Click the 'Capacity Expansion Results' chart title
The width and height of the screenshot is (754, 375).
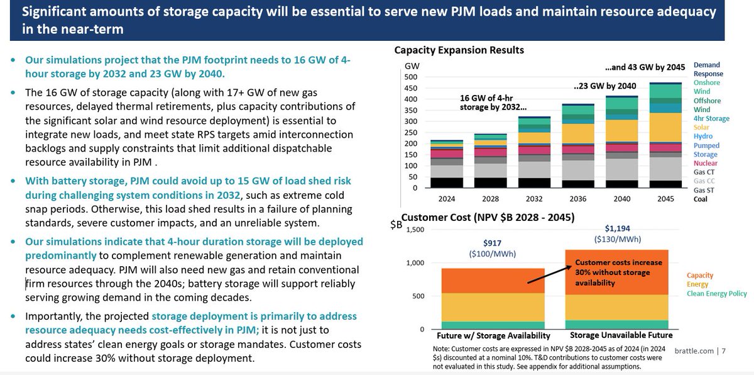[x=459, y=50]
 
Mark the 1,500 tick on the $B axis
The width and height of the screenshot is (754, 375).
[x=417, y=230]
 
